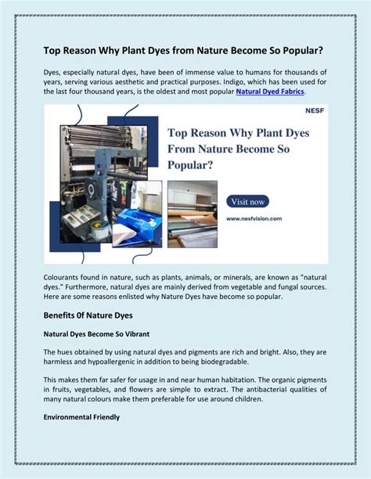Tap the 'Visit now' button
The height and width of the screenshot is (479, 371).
coord(247,200)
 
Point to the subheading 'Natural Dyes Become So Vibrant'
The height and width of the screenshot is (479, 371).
coord(96,333)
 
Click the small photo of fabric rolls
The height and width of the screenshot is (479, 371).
coord(192,203)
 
